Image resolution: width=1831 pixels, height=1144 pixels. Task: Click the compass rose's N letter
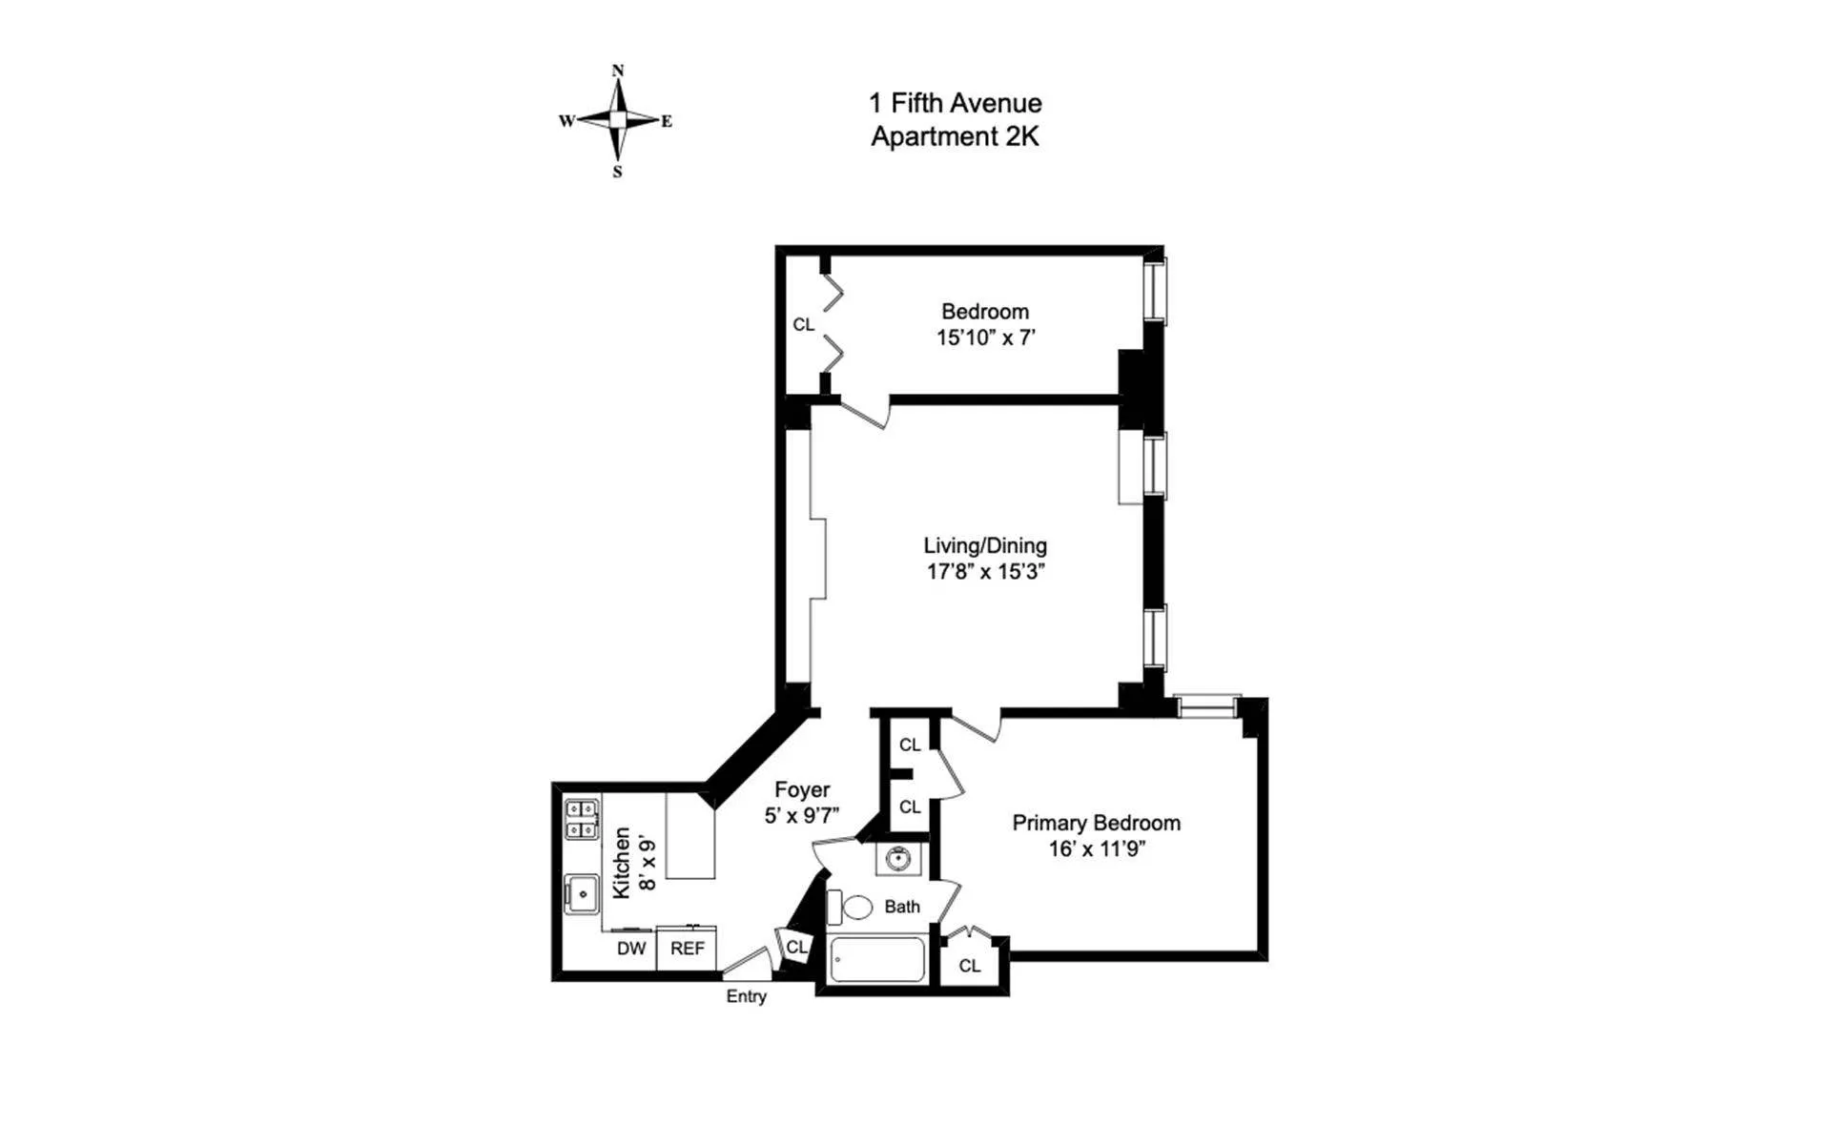(618, 71)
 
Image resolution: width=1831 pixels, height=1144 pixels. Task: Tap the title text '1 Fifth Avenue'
(955, 103)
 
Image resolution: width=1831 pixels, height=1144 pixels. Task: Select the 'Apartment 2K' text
(955, 136)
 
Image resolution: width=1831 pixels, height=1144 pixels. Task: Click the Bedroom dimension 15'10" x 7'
(985, 337)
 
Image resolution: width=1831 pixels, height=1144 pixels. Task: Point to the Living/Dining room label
(985, 545)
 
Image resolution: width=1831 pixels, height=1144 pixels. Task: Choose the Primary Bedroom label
(1096, 823)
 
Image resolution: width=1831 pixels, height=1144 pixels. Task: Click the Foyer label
(801, 789)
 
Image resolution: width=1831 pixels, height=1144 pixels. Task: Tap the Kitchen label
(622, 862)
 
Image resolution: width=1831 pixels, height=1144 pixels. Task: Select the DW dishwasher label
(631, 949)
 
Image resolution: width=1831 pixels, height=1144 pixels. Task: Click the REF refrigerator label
(687, 949)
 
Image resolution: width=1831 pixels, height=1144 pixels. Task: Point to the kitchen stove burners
(582, 820)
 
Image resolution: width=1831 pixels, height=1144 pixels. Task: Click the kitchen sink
(581, 894)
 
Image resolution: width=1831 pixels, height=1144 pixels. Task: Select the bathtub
(876, 959)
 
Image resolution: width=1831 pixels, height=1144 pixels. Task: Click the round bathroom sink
(897, 859)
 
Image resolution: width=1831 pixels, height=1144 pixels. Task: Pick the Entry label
(746, 996)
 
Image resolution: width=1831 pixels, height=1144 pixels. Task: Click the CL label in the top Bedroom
(804, 325)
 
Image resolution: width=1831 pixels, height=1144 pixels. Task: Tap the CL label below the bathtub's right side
(970, 966)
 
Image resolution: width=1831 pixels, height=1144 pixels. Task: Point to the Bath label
(902, 907)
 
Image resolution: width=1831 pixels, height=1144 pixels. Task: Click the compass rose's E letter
(667, 121)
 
